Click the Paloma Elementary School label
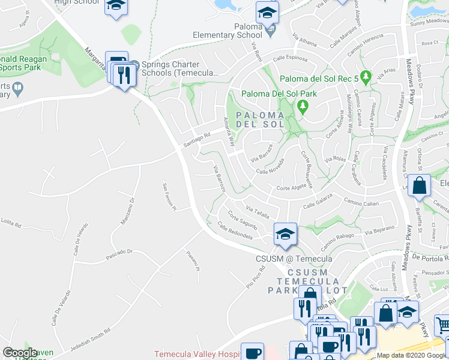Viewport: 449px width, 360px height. point(228,31)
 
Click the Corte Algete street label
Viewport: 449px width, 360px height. point(291,188)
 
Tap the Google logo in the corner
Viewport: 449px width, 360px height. point(20,352)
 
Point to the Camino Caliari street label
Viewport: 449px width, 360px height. point(361,203)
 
